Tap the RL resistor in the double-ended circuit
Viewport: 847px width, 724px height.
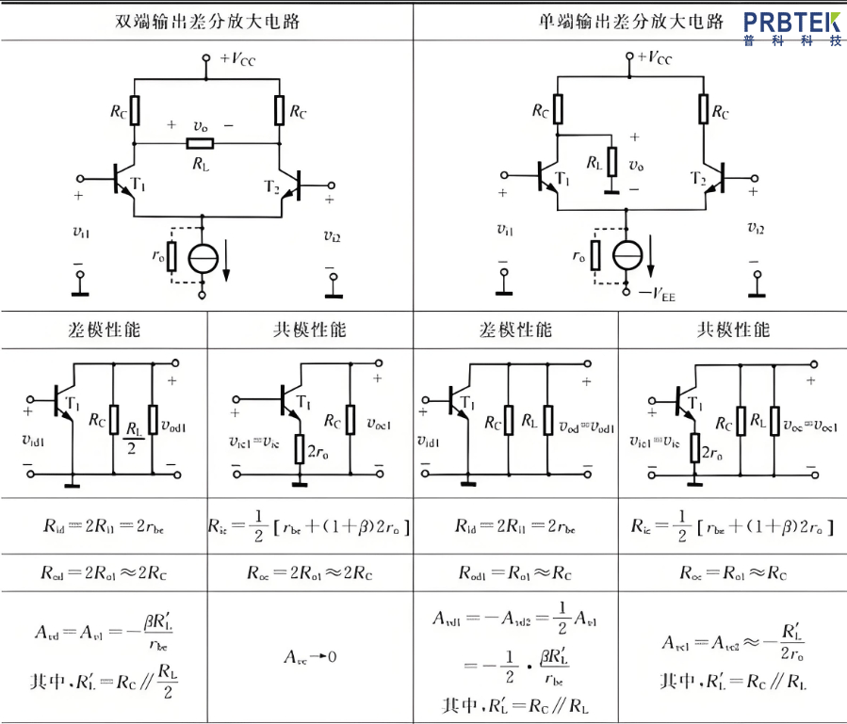coord(200,143)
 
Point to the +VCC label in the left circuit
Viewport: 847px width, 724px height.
coord(236,58)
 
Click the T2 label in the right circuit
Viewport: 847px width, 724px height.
coord(698,179)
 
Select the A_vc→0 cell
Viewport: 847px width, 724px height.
coord(310,655)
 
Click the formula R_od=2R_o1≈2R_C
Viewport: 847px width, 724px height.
coord(104,572)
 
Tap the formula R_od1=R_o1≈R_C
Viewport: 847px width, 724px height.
coord(514,572)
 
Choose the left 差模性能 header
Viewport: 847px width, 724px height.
coord(105,330)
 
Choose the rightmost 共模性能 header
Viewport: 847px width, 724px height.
coord(732,330)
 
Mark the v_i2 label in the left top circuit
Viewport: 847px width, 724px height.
coord(332,234)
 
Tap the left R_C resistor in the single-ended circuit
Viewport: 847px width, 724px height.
coord(559,109)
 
